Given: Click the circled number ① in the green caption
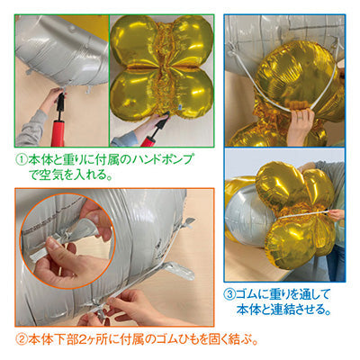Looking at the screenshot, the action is coord(22,160).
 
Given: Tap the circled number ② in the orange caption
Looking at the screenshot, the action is coord(22,339).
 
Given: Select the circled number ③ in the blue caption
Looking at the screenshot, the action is coord(229,294).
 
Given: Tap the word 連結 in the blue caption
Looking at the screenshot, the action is coord(272,309).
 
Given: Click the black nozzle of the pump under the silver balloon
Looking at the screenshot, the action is coord(60,103).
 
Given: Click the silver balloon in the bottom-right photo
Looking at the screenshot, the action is coord(245,215).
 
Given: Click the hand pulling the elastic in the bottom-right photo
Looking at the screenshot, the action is coord(336,214).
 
